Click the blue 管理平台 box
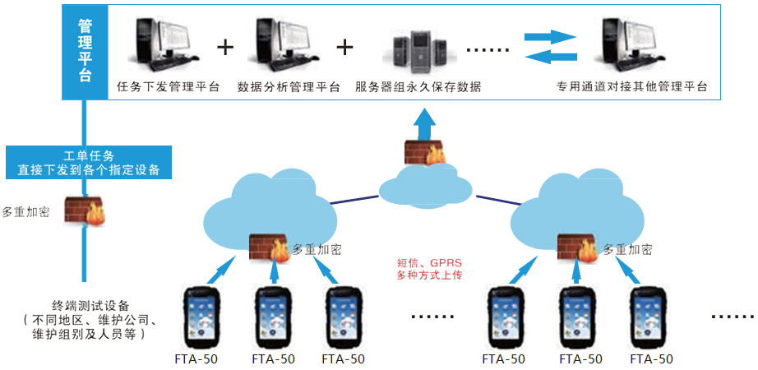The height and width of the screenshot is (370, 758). tap(85, 51)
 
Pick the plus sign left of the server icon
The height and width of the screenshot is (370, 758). tap(345, 47)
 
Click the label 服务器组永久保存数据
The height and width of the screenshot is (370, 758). tap(418, 86)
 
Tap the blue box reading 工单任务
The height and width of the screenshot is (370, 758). tap(89, 163)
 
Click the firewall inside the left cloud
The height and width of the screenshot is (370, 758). tap(268, 247)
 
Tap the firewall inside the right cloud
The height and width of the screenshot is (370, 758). tap(576, 247)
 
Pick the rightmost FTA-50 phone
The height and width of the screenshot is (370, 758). tap(651, 317)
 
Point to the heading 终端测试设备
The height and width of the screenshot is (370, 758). tap(90, 306)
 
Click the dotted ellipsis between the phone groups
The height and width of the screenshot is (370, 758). tap(431, 316)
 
